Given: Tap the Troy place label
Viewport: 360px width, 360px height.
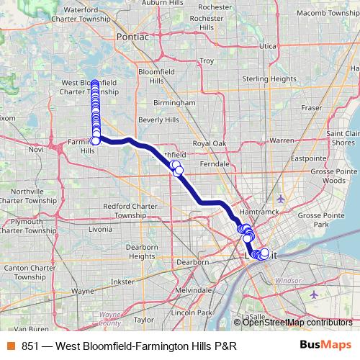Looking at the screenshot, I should tap(207, 61).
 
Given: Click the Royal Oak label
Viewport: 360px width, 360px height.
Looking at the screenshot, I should tap(209, 144).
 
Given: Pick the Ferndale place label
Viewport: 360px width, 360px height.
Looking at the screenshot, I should tap(215, 164).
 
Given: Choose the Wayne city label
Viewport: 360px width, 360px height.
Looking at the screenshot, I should tap(83, 292).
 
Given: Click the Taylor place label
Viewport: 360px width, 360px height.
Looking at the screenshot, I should tap(144, 319).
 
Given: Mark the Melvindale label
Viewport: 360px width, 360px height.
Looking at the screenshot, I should tap(194, 289).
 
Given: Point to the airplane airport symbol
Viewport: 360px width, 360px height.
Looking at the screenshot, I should tap(280, 198).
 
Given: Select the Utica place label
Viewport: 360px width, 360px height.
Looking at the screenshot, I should tap(268, 46).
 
